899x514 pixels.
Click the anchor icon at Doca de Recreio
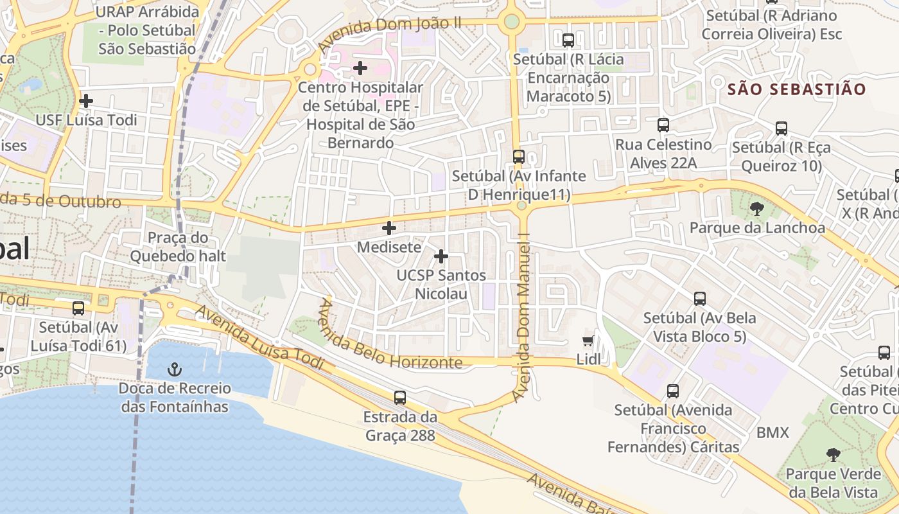click(174, 369)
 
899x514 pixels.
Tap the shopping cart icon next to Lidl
click(588, 341)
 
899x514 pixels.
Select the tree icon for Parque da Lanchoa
click(757, 208)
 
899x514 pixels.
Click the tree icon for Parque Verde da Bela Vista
click(834, 455)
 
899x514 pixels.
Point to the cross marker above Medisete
click(389, 228)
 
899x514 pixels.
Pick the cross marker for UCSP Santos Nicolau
click(441, 256)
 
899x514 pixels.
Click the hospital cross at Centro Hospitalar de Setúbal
click(360, 67)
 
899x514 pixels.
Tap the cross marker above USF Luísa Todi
click(86, 101)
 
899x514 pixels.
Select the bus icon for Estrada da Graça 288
click(400, 398)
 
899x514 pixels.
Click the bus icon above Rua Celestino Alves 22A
click(663, 125)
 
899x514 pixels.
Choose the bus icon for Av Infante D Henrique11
click(519, 157)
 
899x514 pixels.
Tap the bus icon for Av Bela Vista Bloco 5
click(700, 299)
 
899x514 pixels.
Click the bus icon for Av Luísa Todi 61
click(78, 308)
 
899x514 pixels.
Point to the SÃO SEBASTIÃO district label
click(797, 89)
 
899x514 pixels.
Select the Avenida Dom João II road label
click(390, 36)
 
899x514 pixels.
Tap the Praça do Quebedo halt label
click(178, 247)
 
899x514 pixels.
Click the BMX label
click(772, 433)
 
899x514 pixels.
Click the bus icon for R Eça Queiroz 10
click(781, 128)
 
